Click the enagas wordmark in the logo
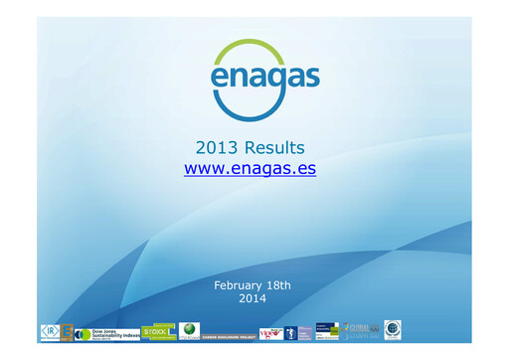coord(250,77)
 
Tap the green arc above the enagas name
coord(250,46)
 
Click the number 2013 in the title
coord(218,148)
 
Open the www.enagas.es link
coord(250,168)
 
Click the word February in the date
coord(240,285)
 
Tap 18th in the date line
coord(277,285)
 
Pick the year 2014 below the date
coord(253,297)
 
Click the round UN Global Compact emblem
coord(393,330)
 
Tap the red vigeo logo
coord(269,332)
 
